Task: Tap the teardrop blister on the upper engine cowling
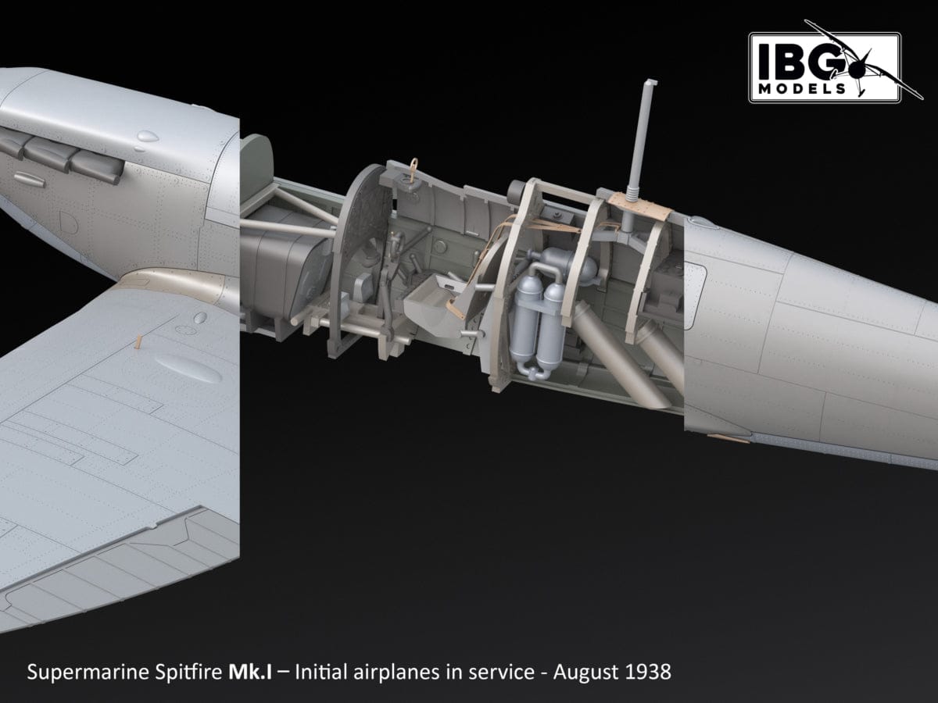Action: point(145,139)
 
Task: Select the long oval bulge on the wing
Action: point(188,368)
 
